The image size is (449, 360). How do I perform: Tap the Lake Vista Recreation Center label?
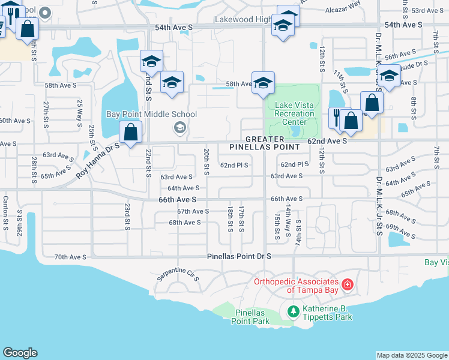click(295, 113)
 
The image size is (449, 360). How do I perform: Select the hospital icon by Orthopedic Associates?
click(347, 283)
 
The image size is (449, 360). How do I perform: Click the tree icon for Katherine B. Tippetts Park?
click(293, 311)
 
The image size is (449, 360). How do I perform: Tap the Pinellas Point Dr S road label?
click(240, 256)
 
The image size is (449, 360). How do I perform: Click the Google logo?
click(20, 353)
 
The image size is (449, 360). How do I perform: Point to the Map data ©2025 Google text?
click(411, 355)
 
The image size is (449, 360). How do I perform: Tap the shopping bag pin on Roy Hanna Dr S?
click(130, 132)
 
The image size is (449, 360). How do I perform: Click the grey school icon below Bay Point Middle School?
click(179, 127)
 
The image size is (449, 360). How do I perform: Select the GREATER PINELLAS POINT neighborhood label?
click(265, 143)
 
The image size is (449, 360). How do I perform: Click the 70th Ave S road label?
click(70, 257)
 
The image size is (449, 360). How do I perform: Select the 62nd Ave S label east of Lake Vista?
click(327, 141)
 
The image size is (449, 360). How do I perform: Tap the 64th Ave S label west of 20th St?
click(183, 188)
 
